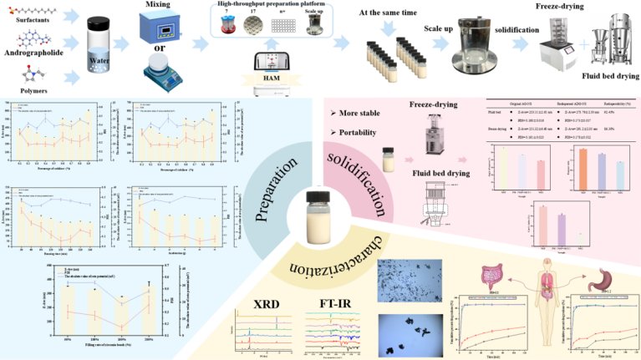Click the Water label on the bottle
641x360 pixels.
pyautogui.click(x=103, y=60)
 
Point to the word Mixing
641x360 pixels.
pyautogui.click(x=152, y=13)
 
